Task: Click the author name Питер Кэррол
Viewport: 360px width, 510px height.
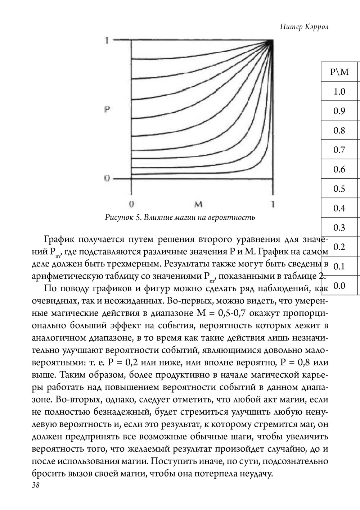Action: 304,28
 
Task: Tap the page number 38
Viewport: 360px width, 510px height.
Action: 36,485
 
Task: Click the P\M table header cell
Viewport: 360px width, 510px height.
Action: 339,72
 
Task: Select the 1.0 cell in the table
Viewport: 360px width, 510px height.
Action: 339,91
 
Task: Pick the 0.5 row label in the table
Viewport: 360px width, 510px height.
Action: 339,188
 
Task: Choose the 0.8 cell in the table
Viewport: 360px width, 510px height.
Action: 339,130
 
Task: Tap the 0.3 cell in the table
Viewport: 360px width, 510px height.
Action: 339,227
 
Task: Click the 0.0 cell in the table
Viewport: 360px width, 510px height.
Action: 339,286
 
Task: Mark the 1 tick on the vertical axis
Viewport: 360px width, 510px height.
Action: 107,41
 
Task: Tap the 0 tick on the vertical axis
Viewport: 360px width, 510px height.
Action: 107,178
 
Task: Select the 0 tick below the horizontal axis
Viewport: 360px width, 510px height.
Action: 132,204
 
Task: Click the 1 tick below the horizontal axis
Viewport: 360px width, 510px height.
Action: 273,204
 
